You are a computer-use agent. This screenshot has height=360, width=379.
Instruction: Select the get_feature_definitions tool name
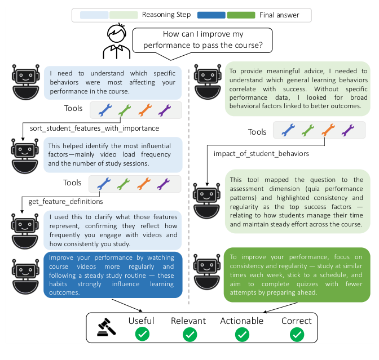coord(66,201)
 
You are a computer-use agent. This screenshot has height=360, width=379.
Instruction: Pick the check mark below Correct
coord(297,335)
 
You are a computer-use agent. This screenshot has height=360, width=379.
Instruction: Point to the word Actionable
coord(243,321)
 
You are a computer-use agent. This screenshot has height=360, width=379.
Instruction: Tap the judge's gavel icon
coord(105,327)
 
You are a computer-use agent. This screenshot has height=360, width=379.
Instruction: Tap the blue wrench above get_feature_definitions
coord(104,183)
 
